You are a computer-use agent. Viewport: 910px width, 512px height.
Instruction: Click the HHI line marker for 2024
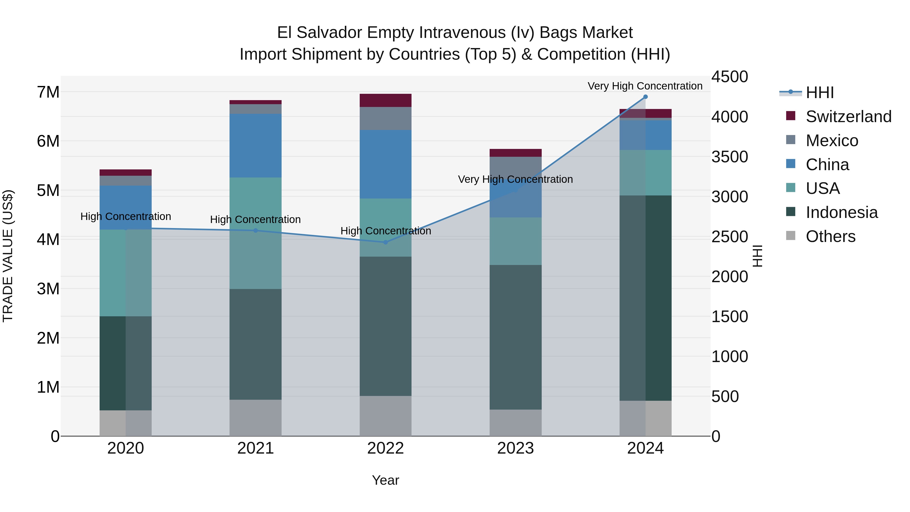[645, 97]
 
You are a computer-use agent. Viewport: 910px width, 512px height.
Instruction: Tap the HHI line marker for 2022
[385, 242]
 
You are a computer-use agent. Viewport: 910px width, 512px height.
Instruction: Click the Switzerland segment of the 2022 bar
[385, 100]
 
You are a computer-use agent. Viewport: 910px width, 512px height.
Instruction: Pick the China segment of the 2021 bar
[255, 146]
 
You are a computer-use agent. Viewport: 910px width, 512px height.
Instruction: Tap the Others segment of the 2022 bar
[385, 416]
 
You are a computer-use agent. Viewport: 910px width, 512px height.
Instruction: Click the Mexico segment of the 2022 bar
[385, 118]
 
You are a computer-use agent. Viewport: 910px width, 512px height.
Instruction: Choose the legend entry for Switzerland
[848, 117]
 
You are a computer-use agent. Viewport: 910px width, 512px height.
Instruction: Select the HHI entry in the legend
[820, 93]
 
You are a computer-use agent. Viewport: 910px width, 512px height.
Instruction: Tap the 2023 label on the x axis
[515, 448]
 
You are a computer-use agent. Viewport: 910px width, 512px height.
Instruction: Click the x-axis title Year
[385, 480]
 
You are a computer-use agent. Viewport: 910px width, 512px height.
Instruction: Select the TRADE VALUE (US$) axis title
[8, 256]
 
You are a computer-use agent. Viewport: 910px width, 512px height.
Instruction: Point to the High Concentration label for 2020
[126, 216]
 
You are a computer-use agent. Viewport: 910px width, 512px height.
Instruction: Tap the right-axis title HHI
[757, 256]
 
